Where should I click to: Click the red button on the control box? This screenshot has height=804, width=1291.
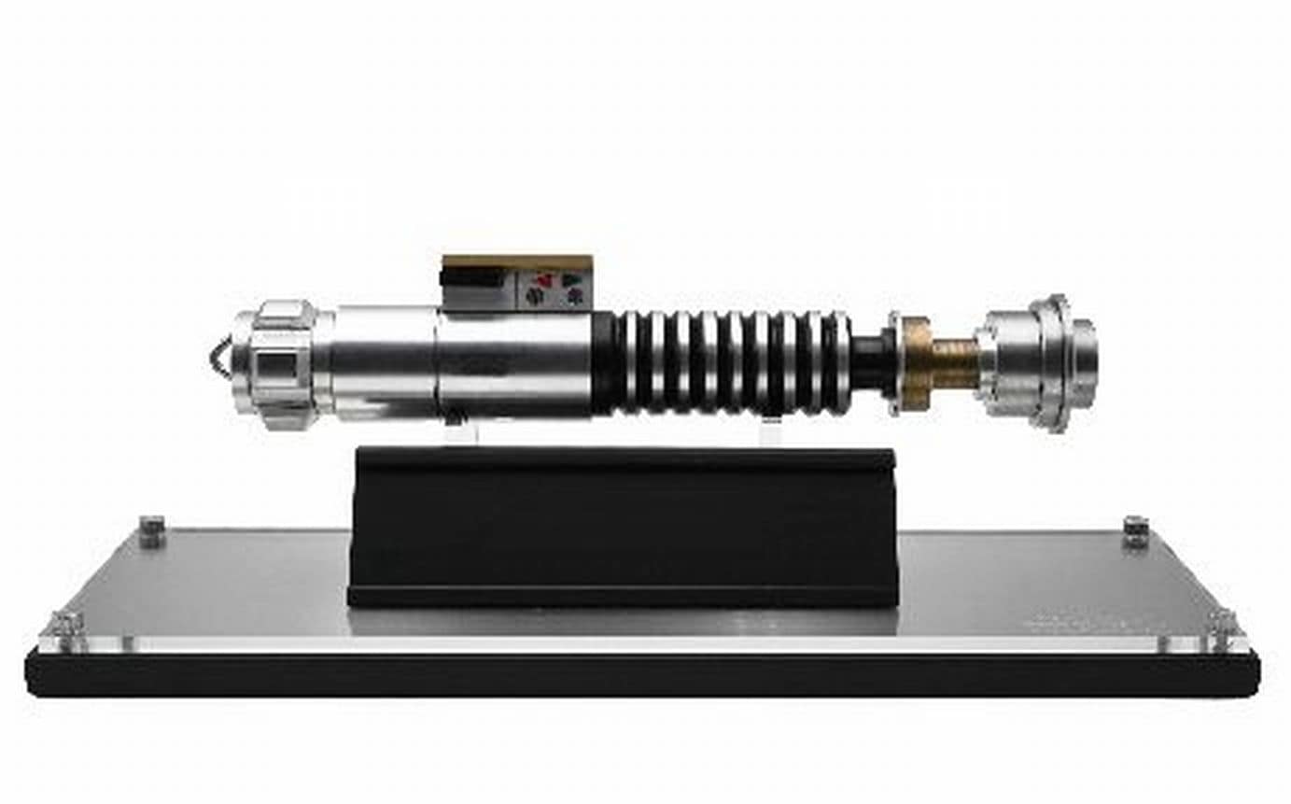click(542, 278)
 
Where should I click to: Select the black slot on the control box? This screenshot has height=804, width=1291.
click(476, 278)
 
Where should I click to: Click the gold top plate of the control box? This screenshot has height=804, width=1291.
click(516, 262)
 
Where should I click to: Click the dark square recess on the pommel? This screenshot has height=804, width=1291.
click(277, 366)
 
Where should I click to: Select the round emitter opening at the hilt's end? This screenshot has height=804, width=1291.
click(1086, 363)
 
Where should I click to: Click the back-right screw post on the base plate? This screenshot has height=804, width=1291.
click(1135, 530)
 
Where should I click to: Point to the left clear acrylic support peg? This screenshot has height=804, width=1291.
click(456, 430)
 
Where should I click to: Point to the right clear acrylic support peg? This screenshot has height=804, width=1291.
click(769, 430)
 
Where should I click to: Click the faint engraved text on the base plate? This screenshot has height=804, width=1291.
click(1073, 621)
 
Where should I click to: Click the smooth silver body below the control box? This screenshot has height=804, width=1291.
click(513, 364)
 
